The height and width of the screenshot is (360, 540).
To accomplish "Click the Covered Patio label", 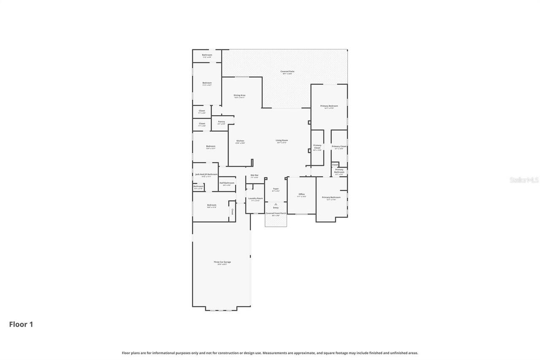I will pos(287,72).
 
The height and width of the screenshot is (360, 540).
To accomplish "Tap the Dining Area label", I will pos(239,95).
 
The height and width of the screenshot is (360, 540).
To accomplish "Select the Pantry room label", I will pos(221,122).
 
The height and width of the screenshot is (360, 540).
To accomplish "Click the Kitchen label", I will pos(240,141).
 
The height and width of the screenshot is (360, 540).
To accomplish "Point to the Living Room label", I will pos(282,141).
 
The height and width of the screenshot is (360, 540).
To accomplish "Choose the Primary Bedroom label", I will pos(329,106).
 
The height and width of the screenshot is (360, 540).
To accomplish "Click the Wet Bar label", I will pos(254,175).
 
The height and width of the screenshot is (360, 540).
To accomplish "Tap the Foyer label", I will pos(275,189).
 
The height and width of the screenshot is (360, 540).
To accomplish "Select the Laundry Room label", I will pos(256,198).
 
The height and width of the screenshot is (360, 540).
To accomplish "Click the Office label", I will pos(301,194).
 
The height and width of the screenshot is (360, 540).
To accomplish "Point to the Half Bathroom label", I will pos(227,183).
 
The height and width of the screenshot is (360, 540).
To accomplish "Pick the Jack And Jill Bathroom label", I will pos(206,174).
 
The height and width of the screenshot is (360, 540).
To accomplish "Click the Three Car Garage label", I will pos(222,262).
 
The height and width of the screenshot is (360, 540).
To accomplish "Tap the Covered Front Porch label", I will pos(275,214).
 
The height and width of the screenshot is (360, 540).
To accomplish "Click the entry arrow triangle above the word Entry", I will pos(275,204).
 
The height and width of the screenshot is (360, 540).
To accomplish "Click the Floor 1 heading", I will pos(21,324).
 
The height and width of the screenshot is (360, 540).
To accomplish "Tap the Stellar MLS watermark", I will pos(524,180).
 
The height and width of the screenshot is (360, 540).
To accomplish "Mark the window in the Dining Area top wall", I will pos(242,77).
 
